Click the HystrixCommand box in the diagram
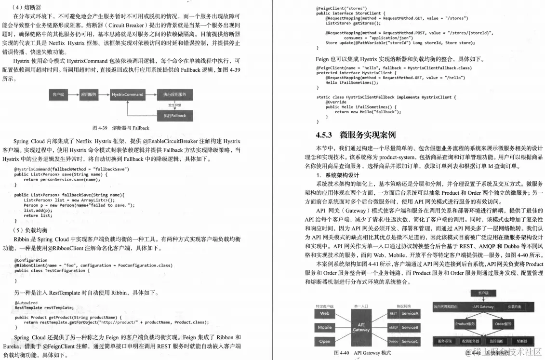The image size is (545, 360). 127,94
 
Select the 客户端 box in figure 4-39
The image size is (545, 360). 58,94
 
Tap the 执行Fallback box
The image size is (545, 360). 174,116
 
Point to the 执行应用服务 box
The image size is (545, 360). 174,94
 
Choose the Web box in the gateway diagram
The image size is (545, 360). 324,314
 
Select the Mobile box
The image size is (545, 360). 324,328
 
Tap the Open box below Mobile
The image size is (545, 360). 324,341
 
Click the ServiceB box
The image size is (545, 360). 410,328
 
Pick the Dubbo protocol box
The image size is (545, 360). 393,341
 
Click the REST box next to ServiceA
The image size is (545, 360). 393,314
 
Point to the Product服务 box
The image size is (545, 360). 465,324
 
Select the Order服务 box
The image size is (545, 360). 503,324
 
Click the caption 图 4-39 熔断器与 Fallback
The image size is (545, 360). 120,128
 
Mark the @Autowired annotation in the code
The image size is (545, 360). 26,303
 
